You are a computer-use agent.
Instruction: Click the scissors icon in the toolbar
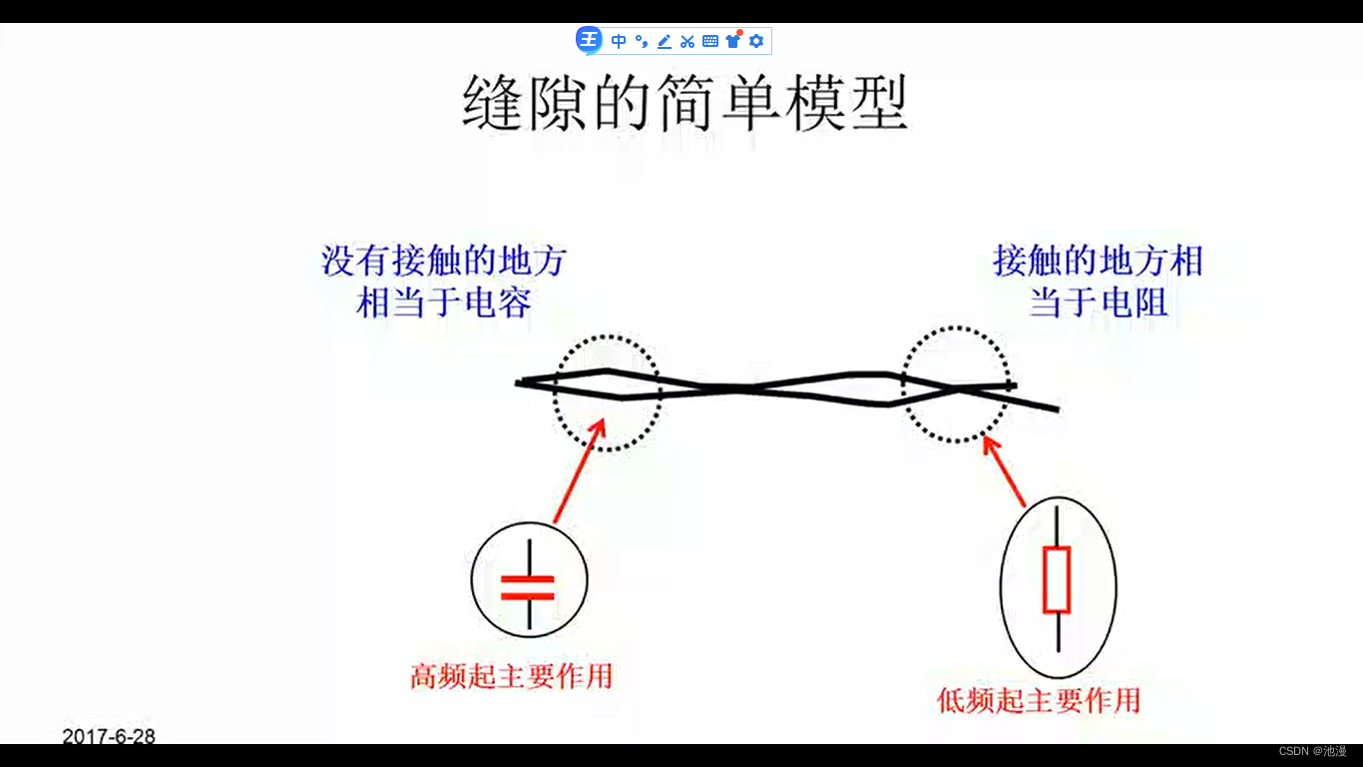[686, 41]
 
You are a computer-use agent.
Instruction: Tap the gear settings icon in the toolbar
[756, 41]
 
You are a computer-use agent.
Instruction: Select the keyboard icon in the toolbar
[710, 41]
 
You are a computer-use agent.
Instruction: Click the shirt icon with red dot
[733, 40]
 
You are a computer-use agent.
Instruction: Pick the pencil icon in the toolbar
[664, 41]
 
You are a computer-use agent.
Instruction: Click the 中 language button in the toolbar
[619, 41]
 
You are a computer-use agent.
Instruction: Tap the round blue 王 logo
[589, 40]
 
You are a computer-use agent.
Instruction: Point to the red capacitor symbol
[528, 586]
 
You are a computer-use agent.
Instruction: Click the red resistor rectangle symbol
[1057, 579]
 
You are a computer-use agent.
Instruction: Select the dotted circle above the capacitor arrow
[608, 392]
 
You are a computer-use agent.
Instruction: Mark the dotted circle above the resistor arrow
[955, 384]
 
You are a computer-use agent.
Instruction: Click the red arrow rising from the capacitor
[579, 470]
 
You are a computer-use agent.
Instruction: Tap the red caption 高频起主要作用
[511, 676]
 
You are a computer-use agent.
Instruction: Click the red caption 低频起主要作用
[1038, 699]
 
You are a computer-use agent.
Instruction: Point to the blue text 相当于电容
[443, 302]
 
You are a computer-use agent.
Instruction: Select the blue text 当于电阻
[1098, 302]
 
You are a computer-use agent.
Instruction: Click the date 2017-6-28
[109, 737]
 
